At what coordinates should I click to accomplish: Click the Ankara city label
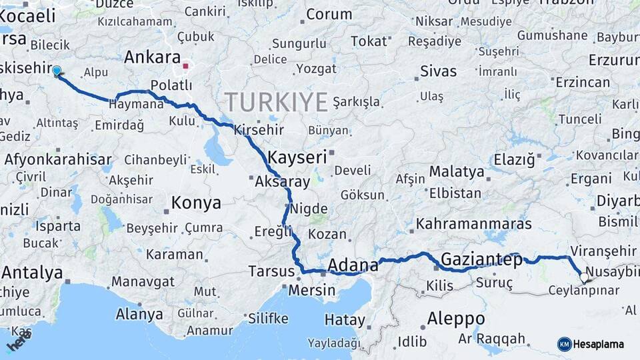tap(152, 57)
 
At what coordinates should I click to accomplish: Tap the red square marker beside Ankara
tap(186, 67)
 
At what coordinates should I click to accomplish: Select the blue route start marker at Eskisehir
tap(57, 71)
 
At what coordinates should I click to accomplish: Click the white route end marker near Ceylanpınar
tap(585, 277)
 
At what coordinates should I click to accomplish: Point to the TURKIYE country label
tap(276, 102)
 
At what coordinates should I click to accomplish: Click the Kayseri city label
tap(297, 158)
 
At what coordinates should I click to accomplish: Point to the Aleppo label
tap(456, 317)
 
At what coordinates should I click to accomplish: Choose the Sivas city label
tap(439, 71)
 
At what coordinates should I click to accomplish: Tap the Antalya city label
tap(32, 273)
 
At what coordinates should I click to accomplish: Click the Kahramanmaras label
tap(474, 223)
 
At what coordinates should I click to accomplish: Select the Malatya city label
tap(457, 171)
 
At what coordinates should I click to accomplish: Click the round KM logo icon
tap(564, 344)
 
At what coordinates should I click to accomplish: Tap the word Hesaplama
tap(599, 344)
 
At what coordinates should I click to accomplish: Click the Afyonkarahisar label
tap(58, 159)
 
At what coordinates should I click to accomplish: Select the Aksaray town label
tap(283, 181)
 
